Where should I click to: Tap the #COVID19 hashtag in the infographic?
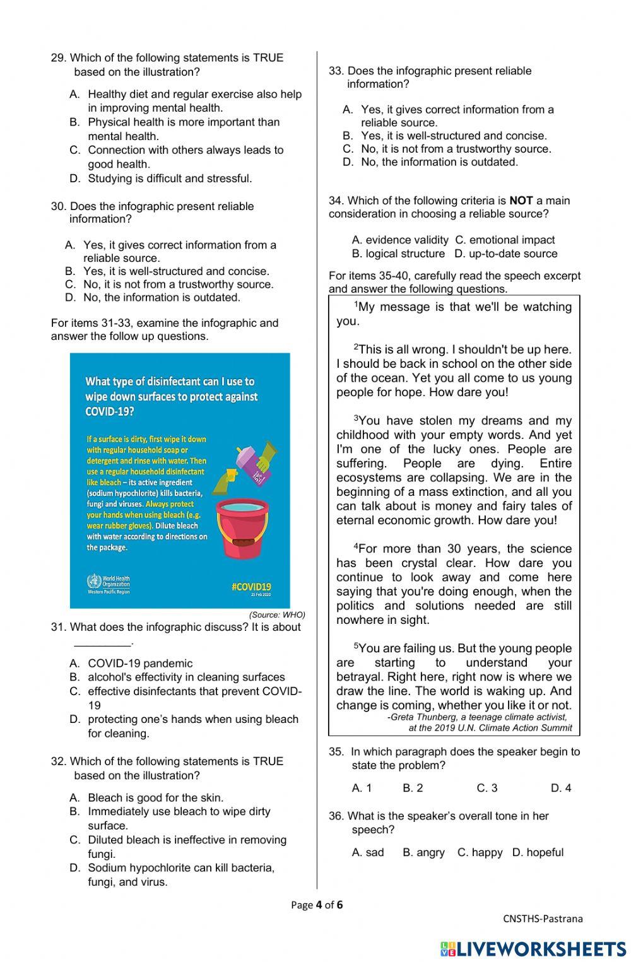point(251,586)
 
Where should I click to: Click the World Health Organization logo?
point(108,584)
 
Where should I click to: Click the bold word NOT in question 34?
point(521,201)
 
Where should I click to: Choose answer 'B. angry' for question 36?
point(423,852)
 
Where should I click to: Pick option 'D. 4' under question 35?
point(560,788)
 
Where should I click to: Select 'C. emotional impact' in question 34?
point(505,240)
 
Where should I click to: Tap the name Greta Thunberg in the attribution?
point(428,717)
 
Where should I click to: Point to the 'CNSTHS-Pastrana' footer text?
point(543,918)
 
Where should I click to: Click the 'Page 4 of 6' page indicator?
point(317,905)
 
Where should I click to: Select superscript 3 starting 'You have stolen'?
point(356,418)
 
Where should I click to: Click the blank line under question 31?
point(103,643)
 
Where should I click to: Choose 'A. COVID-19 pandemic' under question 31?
point(139,663)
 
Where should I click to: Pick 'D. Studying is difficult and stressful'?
point(169,179)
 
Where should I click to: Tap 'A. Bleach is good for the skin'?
point(155,797)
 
